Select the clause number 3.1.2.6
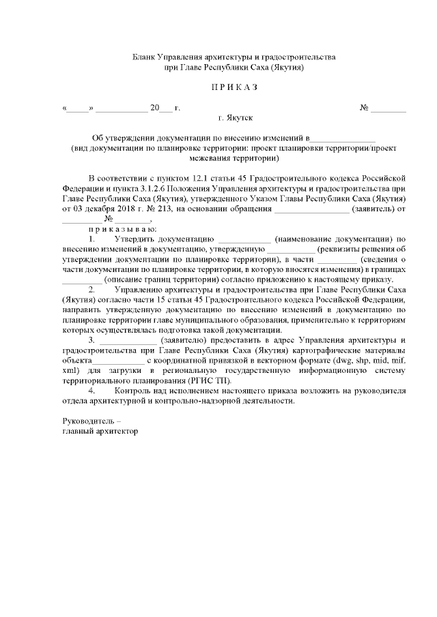pyautogui.click(x=171, y=189)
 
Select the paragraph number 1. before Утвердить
pyautogui.click(x=92, y=239)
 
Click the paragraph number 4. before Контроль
pyautogui.click(x=92, y=391)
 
